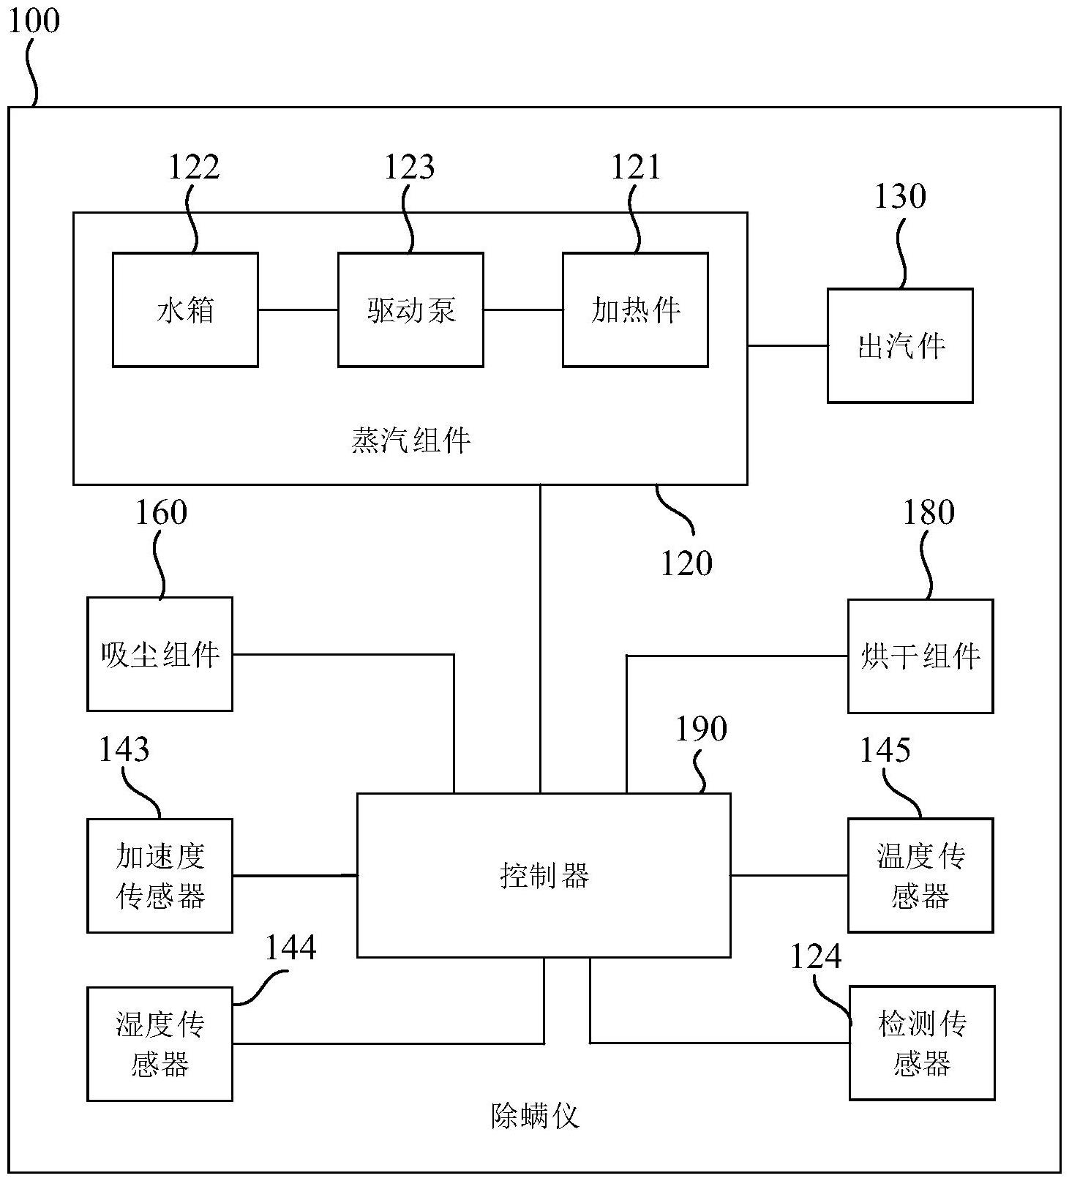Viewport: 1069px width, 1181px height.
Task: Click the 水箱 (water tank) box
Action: click(x=185, y=310)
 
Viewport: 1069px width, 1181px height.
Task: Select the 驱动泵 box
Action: click(x=410, y=310)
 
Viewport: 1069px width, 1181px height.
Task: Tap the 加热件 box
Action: click(x=635, y=310)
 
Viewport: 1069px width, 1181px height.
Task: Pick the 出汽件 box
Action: click(x=900, y=345)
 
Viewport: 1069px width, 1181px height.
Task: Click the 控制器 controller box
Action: click(x=544, y=875)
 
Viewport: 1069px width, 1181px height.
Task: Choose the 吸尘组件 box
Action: click(x=160, y=653)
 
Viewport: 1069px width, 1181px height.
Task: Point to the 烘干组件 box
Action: click(x=920, y=656)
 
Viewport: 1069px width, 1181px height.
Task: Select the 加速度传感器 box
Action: click(x=160, y=875)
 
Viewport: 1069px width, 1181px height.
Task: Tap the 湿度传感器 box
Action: click(x=160, y=1043)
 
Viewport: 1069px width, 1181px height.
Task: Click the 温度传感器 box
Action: click(x=920, y=875)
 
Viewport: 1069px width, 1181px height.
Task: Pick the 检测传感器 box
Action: click(x=922, y=1043)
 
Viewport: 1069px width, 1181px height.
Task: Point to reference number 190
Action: click(x=700, y=729)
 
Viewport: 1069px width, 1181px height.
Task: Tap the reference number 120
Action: click(x=686, y=563)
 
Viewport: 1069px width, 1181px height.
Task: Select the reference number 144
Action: click(x=290, y=948)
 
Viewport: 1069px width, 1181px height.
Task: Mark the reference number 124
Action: click(x=816, y=957)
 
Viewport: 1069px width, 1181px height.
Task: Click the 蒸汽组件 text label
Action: click(x=410, y=440)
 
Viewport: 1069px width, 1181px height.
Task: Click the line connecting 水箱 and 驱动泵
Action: click(x=298, y=310)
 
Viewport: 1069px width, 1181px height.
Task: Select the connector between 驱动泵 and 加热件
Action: click(x=522, y=310)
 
